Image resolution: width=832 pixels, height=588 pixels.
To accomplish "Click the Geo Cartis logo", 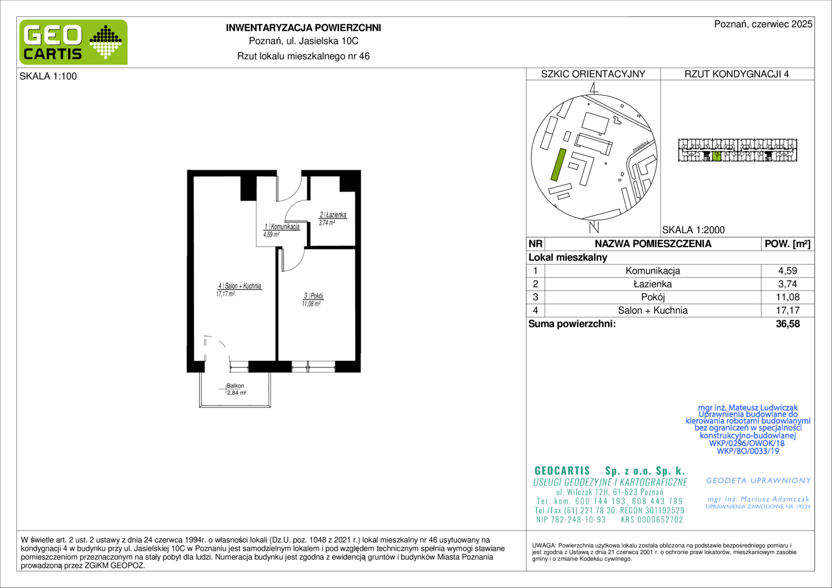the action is [74, 42].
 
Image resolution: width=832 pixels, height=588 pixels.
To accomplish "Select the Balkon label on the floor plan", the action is [235, 385].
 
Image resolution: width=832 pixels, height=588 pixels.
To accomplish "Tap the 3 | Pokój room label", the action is [314, 296].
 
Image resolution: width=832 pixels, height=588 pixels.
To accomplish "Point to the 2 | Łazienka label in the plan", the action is [333, 215].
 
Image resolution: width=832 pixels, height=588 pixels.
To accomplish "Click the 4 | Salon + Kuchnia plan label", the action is [240, 286].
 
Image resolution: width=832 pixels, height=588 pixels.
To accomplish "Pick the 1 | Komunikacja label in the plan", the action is [282, 226].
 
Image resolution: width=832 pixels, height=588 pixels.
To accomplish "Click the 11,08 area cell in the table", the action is [787, 297].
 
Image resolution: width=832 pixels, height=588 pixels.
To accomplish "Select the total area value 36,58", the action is [787, 324].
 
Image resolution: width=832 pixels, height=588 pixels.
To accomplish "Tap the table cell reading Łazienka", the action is [653, 284].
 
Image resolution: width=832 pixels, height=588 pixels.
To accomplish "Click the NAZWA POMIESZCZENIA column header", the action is [653, 244].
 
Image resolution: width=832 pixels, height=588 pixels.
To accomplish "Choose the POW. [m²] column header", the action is [787, 244].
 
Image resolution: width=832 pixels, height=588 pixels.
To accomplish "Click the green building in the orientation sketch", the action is [558, 164].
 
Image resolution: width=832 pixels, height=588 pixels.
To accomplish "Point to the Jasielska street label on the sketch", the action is [641, 146].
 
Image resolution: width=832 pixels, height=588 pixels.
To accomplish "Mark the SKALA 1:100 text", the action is [48, 76].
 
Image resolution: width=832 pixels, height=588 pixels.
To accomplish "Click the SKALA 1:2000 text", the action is [693, 230].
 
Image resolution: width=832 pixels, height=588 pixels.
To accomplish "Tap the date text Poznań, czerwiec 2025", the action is [763, 24].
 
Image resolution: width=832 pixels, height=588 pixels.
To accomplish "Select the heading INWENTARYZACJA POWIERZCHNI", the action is [303, 28].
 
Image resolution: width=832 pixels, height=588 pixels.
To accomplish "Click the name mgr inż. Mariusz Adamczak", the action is [758, 499].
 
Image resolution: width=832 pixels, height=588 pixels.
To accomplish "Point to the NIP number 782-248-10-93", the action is [571, 519].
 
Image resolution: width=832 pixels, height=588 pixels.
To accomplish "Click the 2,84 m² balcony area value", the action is [237, 393].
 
